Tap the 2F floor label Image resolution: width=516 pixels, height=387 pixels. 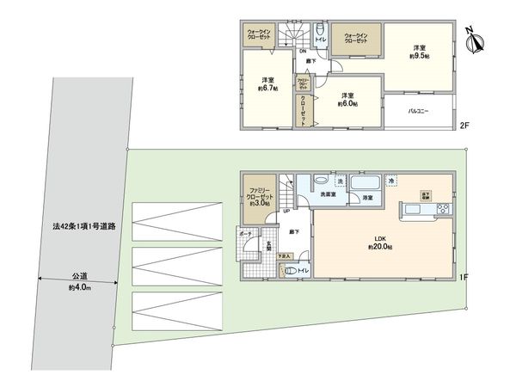pos(464,126)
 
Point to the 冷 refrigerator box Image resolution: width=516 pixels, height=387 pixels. pos(391,181)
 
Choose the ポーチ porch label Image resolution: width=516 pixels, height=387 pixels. pos(246,234)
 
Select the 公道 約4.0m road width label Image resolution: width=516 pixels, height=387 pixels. pos(77,281)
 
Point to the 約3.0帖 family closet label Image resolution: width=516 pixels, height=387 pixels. pos(259,195)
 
